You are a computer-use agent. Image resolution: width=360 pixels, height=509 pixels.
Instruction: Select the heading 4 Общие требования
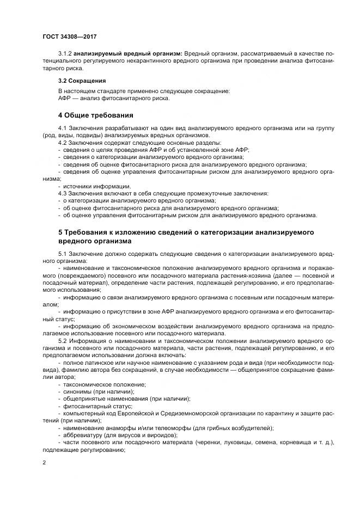(x=96, y=115)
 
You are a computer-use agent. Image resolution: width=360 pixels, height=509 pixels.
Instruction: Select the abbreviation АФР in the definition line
(x=65, y=98)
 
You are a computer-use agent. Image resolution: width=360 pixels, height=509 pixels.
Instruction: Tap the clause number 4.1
(x=63, y=127)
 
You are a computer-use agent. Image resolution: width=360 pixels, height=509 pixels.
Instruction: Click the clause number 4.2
(x=63, y=142)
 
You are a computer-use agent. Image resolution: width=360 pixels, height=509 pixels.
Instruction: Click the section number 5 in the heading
(x=60, y=232)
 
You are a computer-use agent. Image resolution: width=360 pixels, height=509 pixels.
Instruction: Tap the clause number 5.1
(x=63, y=254)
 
